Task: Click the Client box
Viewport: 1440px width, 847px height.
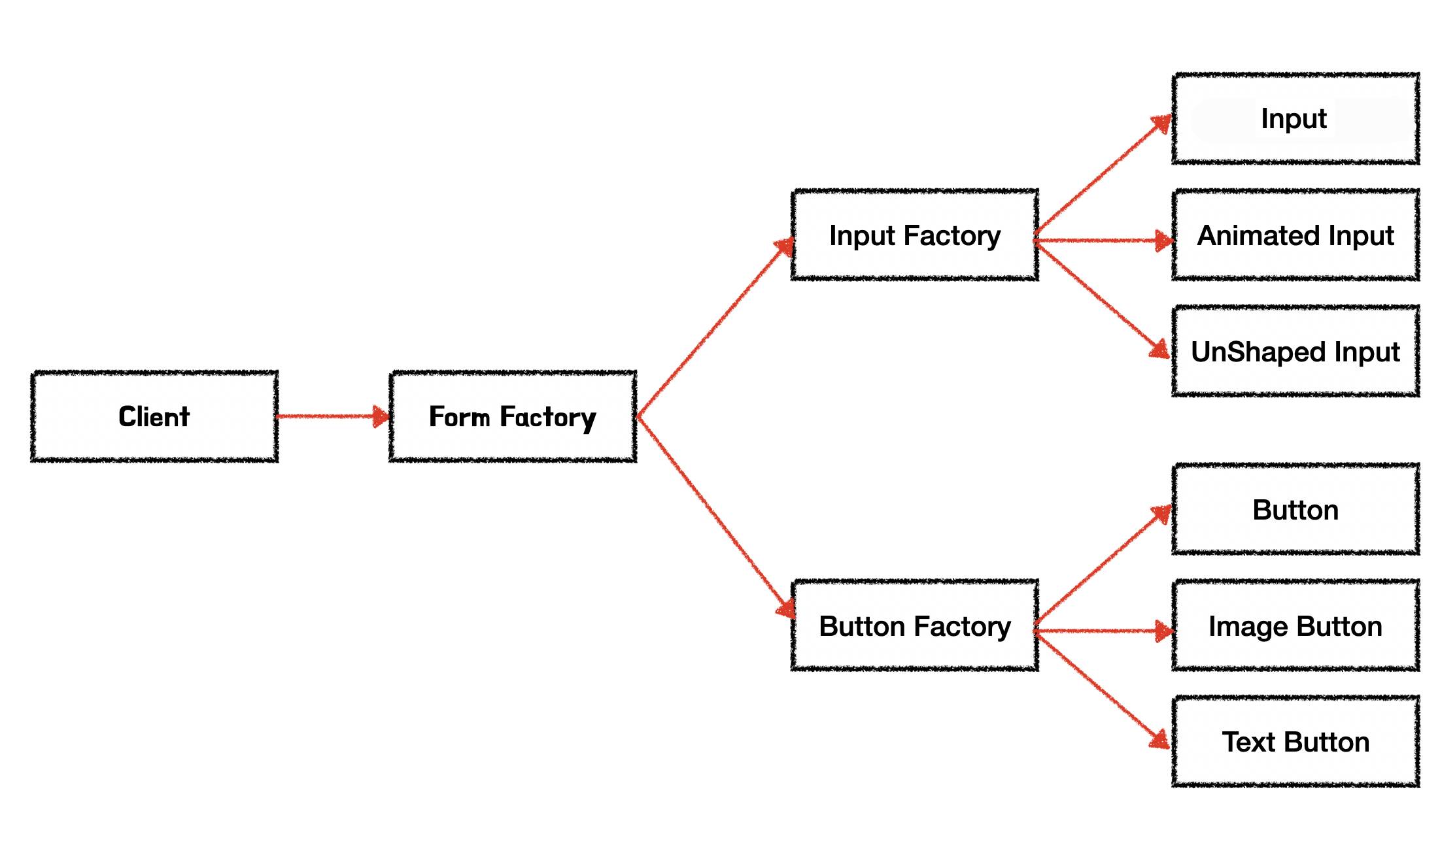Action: click(x=154, y=416)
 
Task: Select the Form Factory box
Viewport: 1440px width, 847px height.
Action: click(x=513, y=416)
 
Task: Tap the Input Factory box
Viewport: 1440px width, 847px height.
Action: click(x=914, y=235)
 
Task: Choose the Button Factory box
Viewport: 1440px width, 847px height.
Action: click(x=914, y=625)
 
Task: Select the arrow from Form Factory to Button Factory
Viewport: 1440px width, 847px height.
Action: click(x=714, y=516)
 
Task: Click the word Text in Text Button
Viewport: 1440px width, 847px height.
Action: click(x=1248, y=742)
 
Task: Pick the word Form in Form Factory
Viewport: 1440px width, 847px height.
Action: click(x=459, y=416)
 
